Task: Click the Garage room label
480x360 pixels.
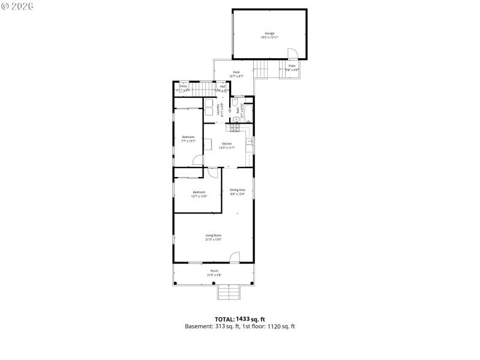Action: coord(269,33)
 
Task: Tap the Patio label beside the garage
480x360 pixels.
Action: coord(292,65)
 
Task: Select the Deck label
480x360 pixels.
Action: coord(236,72)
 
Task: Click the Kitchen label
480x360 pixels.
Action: coord(227,143)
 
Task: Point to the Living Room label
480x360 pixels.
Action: coord(214,235)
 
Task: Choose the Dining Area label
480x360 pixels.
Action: coord(238,190)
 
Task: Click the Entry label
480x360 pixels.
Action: coord(183,86)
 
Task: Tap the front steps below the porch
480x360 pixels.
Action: coord(229,292)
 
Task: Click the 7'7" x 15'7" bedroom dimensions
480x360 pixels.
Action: coord(188,141)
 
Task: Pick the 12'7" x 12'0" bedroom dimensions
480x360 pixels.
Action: coord(199,196)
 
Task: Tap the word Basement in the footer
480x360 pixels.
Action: coord(198,326)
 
